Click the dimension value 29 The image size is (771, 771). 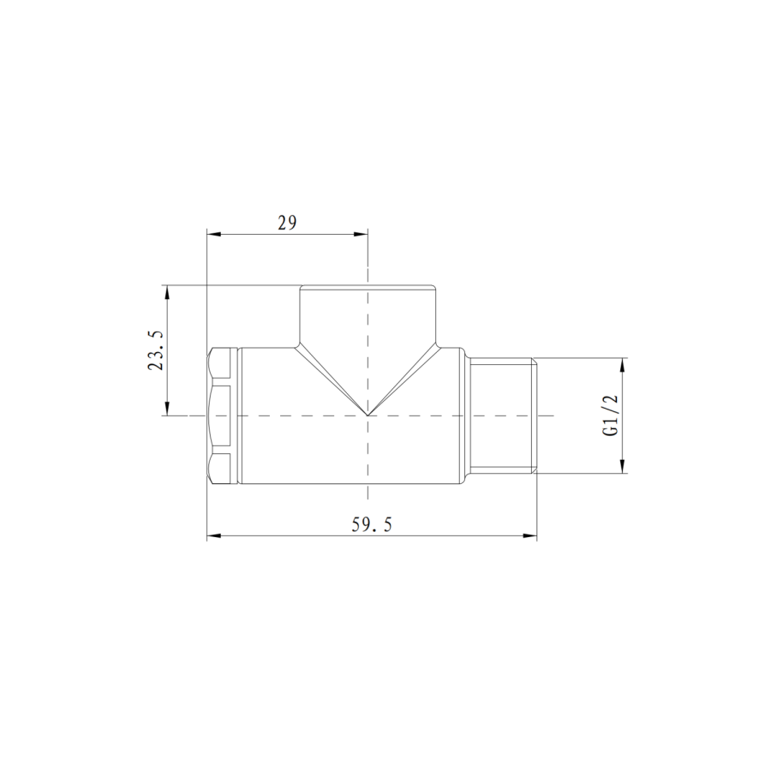pos(286,223)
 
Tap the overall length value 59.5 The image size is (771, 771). pos(371,526)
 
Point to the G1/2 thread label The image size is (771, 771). pos(611,415)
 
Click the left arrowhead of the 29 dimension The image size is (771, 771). pos(213,233)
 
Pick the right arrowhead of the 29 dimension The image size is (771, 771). pos(361,233)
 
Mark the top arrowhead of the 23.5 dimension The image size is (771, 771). pos(168,291)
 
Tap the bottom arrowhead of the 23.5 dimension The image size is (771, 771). pos(168,409)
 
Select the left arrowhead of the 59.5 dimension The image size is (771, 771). pos(213,537)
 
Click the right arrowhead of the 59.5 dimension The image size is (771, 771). pos(530,537)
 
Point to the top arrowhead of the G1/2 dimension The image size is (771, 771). pos(623,364)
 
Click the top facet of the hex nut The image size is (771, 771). pos(221,366)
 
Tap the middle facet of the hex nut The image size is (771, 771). pos(221,415)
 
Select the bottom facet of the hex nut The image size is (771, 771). pos(221,466)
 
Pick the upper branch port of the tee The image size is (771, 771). pos(368,314)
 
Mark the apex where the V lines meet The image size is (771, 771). pos(368,415)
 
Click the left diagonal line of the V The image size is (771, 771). pos(332,380)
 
